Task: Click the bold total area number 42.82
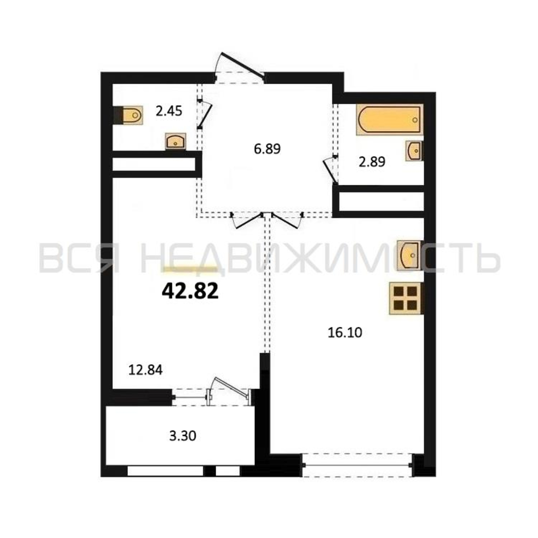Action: pos(190,291)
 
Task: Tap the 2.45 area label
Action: pos(169,111)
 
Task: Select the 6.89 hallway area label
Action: pos(267,149)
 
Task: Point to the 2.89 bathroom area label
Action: pos(372,162)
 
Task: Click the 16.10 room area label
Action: pos(345,332)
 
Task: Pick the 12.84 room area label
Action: pos(145,370)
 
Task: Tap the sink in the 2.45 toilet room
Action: pos(175,141)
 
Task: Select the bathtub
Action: pos(390,119)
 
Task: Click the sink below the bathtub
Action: pos(414,151)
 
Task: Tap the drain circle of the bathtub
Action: pos(415,120)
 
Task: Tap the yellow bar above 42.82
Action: pos(190,269)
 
